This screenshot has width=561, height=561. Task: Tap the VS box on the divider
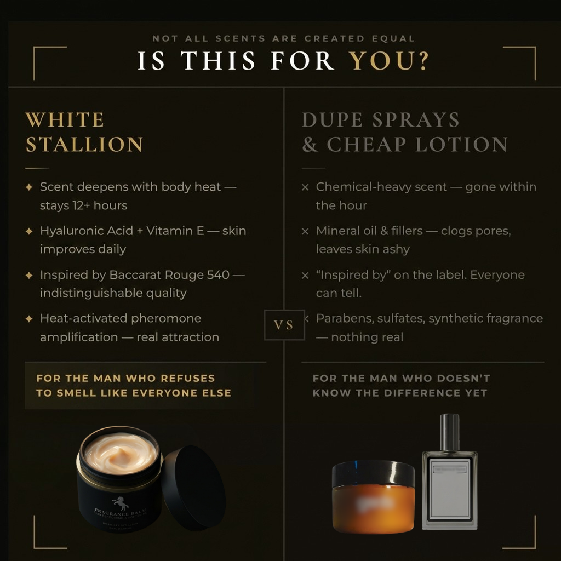click(x=283, y=325)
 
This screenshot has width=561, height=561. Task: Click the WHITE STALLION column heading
click(x=84, y=132)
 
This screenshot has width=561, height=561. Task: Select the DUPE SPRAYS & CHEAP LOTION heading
click(x=404, y=132)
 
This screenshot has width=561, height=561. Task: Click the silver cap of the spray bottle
click(x=449, y=432)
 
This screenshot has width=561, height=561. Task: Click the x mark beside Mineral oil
click(x=305, y=231)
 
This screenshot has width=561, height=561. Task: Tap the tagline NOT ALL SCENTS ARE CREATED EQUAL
click(x=283, y=38)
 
